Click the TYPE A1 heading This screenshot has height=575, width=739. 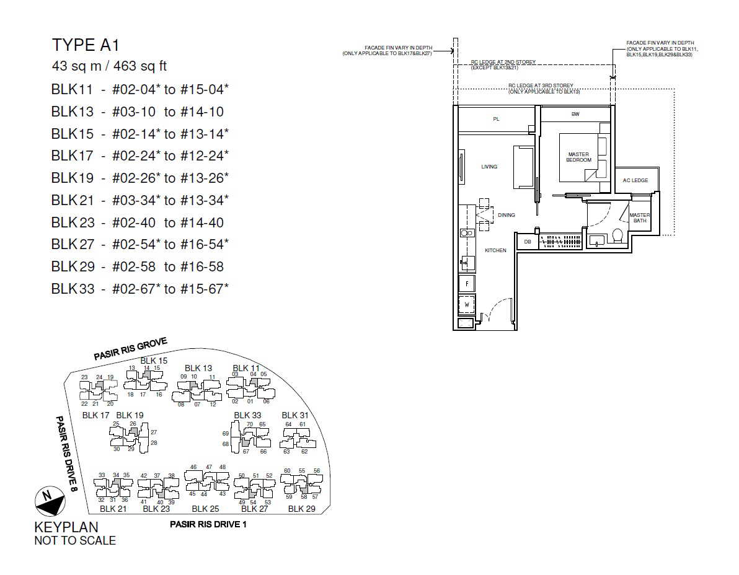[86, 45]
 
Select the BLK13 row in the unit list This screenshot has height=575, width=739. [138, 112]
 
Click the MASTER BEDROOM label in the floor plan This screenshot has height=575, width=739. [578, 157]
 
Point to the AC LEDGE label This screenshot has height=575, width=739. [635, 180]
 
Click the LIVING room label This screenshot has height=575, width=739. [489, 167]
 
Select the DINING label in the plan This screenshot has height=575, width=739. [506, 215]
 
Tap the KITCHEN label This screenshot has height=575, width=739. [495, 250]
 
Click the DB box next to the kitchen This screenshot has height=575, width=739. [528, 242]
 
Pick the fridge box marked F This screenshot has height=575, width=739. [467, 284]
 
